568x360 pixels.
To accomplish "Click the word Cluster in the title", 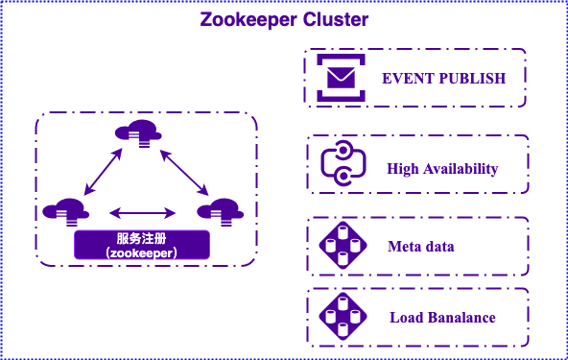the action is click(x=336, y=19).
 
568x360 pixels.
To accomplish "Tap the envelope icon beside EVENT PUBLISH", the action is click(x=341, y=78).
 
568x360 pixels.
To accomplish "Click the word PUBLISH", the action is click(x=473, y=79).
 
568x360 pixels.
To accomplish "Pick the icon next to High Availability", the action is click(x=343, y=163).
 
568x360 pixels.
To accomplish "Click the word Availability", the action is click(x=461, y=169).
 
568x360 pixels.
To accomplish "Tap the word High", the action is click(x=403, y=169).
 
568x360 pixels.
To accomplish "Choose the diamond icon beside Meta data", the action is click(x=343, y=246).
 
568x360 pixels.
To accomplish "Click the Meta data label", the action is click(x=421, y=247).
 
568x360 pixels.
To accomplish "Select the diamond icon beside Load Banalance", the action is click(x=343, y=316).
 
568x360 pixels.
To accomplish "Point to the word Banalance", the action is click(x=462, y=318).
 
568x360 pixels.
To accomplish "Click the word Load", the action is click(x=407, y=318).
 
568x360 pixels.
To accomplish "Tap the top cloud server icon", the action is click(x=138, y=132).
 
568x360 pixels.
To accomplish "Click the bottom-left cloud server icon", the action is click(x=66, y=212).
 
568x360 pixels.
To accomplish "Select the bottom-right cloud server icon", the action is click(x=221, y=212).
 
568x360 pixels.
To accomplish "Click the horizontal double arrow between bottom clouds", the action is click(x=142, y=213).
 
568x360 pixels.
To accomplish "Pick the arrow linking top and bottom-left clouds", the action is click(x=103, y=172).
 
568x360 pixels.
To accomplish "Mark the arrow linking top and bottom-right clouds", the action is click(x=184, y=173).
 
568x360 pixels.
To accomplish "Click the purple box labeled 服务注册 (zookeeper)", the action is click(x=142, y=245).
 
